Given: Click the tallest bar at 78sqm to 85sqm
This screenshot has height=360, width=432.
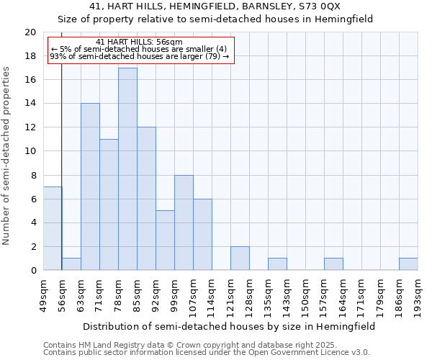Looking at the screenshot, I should pos(127,169).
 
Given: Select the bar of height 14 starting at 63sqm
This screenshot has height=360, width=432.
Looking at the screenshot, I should pos(90,187).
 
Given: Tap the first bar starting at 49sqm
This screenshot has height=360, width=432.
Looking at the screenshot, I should pos(52,228).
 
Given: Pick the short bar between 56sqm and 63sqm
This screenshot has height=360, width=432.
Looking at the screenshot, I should pos(71,264).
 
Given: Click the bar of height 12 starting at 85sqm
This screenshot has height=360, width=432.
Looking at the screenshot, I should pos(146,199).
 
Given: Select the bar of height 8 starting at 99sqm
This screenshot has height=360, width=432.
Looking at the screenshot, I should pos(184,222).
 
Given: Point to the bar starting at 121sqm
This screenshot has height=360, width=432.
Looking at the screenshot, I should pos(240,258).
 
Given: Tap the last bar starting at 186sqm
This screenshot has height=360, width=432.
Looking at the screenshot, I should pos(408,264).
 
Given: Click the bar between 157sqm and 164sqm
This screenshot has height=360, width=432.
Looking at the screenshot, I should pos(333,264).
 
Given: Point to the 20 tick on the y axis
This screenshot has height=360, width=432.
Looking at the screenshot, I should pos(30,32).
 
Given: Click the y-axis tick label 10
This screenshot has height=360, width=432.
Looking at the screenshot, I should pos(30,151).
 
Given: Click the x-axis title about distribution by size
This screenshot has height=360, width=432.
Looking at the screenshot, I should pos(229,326).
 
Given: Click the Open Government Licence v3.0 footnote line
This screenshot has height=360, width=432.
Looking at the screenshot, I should pos(207,352).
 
